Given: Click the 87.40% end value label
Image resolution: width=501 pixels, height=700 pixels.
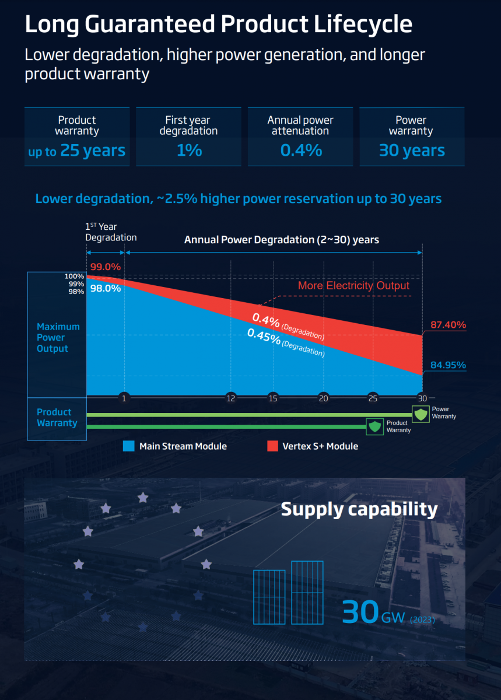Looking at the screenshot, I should pos(448,325).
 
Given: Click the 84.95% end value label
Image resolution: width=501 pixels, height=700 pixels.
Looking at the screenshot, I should pos(448,365).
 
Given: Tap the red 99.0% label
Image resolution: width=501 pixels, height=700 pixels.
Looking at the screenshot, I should pos(105,267).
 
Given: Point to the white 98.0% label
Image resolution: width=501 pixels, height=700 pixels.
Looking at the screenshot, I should pos(105,288).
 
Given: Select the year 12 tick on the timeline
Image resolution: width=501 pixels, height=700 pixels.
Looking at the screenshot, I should pos(231,398).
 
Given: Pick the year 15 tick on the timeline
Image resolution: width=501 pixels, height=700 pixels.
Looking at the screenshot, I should pos(272,398).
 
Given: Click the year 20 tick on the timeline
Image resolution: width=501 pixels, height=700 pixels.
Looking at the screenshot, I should pos(323,398).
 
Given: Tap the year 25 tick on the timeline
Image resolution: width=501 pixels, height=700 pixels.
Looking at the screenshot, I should pos(373,398).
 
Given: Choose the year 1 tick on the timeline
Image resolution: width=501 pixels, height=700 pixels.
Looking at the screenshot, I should pos(124,398).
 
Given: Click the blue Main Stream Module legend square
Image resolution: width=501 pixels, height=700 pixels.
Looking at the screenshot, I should pos(129,446).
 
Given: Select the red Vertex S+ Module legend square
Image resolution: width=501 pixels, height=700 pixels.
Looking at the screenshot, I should pos(272,446).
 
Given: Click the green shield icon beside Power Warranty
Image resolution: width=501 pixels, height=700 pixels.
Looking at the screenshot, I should pos(421,414).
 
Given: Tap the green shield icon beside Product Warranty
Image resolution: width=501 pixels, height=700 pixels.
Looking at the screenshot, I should pos(374,426).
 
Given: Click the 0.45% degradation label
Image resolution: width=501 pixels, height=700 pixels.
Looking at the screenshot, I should pos(264,337).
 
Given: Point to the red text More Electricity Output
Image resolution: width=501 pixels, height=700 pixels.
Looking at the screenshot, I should pos(353,286).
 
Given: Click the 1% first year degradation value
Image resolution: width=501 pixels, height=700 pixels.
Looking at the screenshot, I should pos(189,150).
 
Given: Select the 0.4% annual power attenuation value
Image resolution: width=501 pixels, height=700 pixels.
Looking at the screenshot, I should pos(301,150).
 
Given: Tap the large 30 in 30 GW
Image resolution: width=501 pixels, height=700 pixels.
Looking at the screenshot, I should pos(360,612).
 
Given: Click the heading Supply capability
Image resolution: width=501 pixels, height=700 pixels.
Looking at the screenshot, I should pos(359,509).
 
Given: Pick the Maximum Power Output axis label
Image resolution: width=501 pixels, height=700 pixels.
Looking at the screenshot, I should pos(58,338).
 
